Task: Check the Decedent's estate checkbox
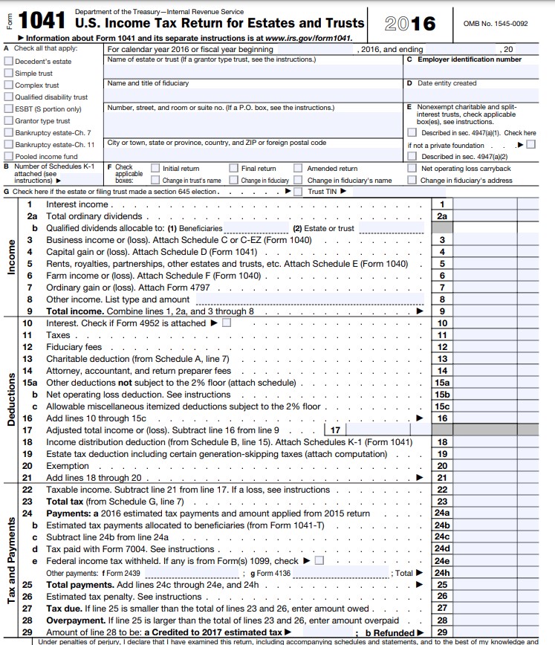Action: click(9, 62)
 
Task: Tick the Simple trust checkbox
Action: click(9, 74)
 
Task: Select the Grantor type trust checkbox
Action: click(9, 121)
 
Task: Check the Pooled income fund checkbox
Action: click(9, 157)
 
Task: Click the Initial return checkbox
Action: click(155, 169)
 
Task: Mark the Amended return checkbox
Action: click(298, 169)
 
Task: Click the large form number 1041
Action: click(42, 23)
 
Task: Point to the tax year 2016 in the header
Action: click(411, 24)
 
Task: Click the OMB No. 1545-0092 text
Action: click(496, 24)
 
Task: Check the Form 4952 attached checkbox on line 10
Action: click(227, 323)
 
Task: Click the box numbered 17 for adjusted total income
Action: click(335, 430)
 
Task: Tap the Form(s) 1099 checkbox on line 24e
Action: click(319, 561)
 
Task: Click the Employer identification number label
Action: click(470, 59)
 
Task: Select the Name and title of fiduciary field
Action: click(253, 94)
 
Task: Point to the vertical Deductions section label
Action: click(10, 400)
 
